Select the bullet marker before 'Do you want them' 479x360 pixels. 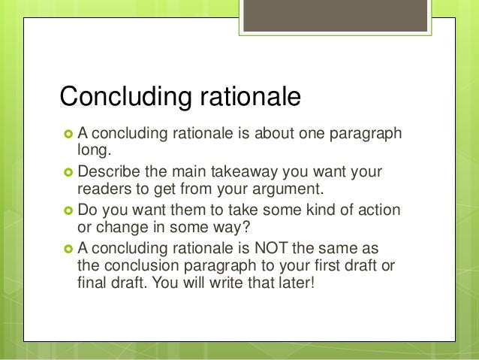(x=67, y=210)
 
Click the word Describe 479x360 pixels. (x=108, y=172)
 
